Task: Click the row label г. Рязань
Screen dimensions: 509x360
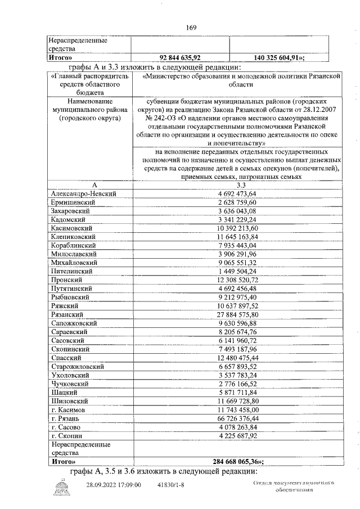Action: coord(69,418)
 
